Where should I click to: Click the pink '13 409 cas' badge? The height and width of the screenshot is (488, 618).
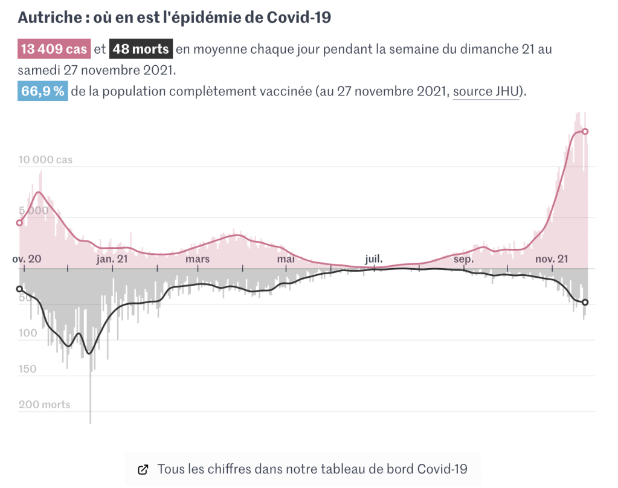click(54, 50)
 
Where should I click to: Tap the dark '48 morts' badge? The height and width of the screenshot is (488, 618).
click(141, 50)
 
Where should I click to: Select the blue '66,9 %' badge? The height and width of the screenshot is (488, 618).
click(42, 92)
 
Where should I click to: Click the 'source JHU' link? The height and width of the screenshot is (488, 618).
click(486, 92)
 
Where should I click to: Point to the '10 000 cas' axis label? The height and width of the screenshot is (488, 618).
click(45, 160)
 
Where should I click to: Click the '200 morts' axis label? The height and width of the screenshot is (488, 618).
click(44, 405)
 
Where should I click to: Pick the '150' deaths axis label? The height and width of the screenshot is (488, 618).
click(27, 369)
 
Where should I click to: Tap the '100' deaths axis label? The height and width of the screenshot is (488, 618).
click(27, 333)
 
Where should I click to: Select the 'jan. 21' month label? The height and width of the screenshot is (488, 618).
click(112, 259)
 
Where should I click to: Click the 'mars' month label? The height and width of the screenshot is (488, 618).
click(198, 259)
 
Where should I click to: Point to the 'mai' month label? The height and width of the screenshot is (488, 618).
click(285, 259)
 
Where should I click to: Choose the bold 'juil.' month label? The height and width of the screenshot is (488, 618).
click(373, 259)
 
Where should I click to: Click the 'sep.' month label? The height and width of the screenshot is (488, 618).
click(463, 259)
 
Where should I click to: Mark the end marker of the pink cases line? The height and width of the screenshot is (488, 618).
click(585, 132)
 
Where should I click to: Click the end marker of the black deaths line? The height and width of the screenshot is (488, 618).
click(585, 303)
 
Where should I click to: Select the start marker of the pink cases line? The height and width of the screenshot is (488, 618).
click(19, 223)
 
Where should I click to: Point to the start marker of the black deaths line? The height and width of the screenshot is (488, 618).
click(19, 289)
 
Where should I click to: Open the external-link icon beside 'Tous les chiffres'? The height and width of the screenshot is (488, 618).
click(143, 469)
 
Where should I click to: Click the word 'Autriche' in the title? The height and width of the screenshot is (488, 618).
click(48, 18)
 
